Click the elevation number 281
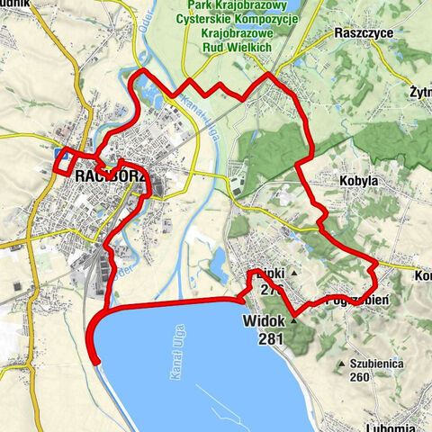[270, 339]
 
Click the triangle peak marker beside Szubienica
[341, 364]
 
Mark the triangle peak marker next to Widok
[293, 319]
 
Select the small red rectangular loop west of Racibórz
[63, 163]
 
